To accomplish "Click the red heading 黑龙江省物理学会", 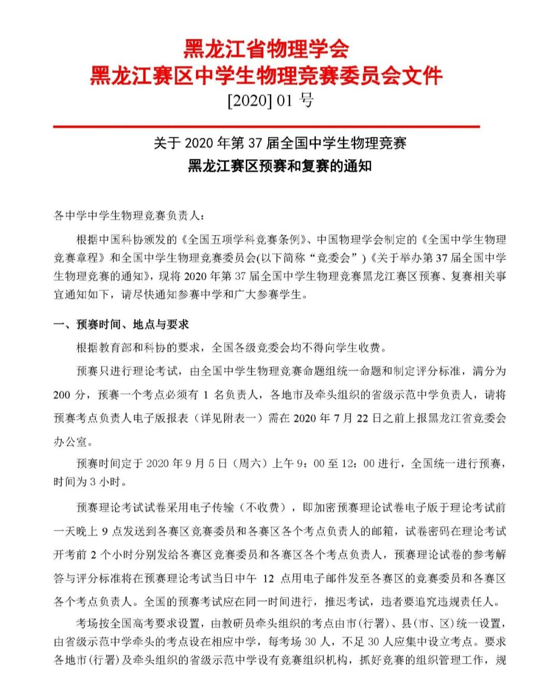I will click(266, 49).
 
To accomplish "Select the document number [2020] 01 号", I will click(270, 100).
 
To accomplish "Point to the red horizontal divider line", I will click(266, 126).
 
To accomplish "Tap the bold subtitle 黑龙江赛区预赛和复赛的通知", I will click(279, 166).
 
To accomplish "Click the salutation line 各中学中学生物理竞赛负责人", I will click(129, 215).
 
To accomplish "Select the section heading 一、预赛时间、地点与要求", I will click(121, 324).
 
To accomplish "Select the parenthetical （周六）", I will click(250, 463).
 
